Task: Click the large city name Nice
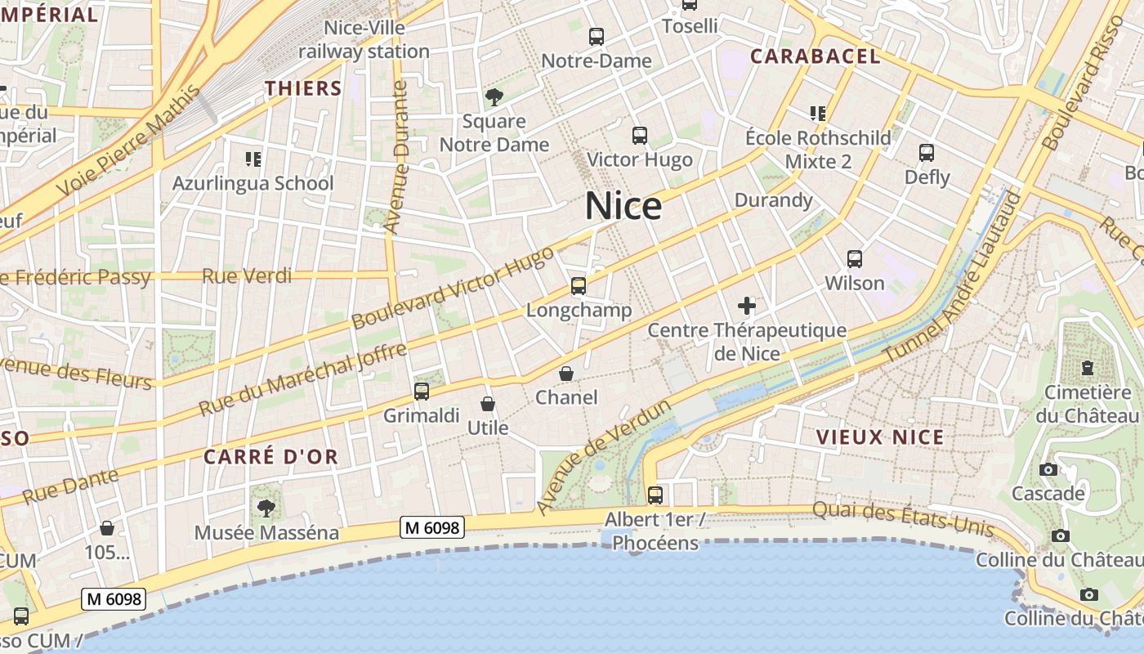click(x=623, y=206)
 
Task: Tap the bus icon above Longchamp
click(x=579, y=286)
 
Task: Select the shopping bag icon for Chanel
click(x=566, y=374)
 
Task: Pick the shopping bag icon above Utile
click(x=488, y=404)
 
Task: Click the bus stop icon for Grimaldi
click(x=422, y=392)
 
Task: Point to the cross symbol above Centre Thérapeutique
click(x=747, y=307)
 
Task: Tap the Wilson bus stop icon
click(x=855, y=259)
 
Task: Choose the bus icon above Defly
click(x=927, y=153)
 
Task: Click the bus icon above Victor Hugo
click(x=640, y=136)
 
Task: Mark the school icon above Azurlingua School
click(x=252, y=159)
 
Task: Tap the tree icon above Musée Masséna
click(x=266, y=508)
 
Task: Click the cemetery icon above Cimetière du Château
click(x=1088, y=368)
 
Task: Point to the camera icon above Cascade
click(x=1048, y=469)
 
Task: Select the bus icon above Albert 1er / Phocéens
click(x=655, y=495)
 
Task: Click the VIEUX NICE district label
click(x=881, y=437)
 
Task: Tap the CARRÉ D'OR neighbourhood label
click(x=270, y=457)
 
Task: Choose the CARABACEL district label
click(x=816, y=56)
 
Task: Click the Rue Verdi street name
click(x=247, y=276)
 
